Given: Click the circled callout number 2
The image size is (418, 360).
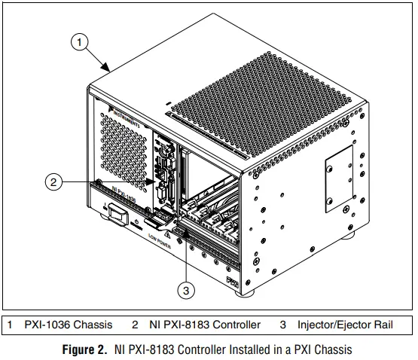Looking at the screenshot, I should click(x=52, y=181).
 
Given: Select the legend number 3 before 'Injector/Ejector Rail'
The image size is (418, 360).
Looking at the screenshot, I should click(x=282, y=325).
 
